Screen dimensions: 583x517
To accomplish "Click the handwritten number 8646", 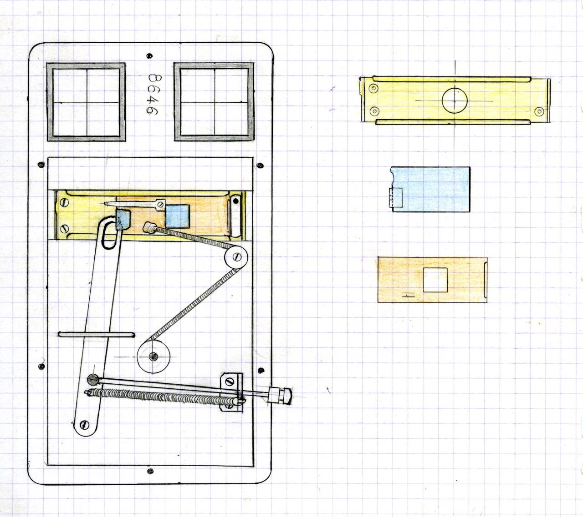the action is [x=153, y=95].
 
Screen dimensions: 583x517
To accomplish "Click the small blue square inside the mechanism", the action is [x=178, y=216].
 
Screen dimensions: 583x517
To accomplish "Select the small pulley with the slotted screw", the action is [x=236, y=257].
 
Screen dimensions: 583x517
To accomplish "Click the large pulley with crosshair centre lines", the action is [x=153, y=356].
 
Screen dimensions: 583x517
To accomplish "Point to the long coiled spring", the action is [x=164, y=397].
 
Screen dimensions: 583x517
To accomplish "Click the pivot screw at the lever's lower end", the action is [x=85, y=424].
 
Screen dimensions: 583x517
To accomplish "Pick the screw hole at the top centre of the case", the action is [x=149, y=56].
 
